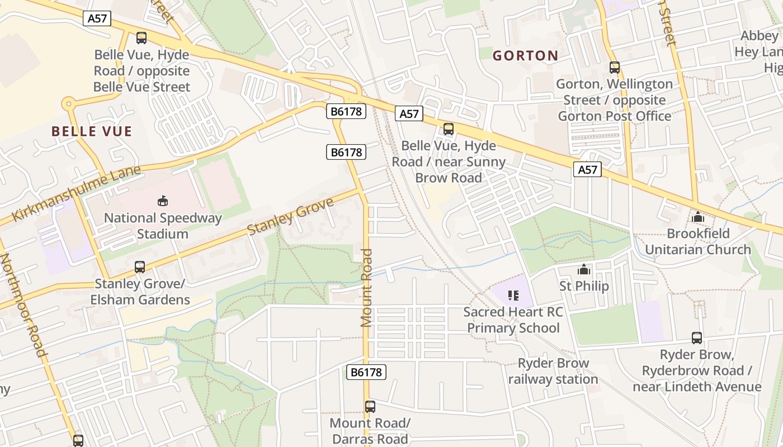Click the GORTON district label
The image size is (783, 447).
click(x=525, y=55)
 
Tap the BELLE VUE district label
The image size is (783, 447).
click(x=92, y=131)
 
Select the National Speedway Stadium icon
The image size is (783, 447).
click(x=163, y=201)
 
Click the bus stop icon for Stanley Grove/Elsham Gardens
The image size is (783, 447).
click(x=140, y=267)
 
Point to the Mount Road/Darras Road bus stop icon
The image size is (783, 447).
click(x=370, y=406)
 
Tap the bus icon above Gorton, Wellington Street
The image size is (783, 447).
click(x=615, y=67)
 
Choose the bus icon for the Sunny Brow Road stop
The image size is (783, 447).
click(x=448, y=129)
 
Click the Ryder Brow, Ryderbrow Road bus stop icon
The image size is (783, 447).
click(x=697, y=337)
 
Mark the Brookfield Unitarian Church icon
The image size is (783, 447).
click(x=698, y=217)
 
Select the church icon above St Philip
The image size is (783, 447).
click(x=584, y=270)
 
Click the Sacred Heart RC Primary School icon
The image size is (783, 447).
click(x=513, y=295)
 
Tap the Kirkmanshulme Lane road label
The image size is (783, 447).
click(x=76, y=193)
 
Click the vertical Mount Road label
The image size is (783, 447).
click(x=366, y=288)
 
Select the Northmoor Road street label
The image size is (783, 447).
click(x=23, y=305)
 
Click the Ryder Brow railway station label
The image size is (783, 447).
click(x=553, y=371)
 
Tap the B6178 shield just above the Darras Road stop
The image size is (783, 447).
click(x=366, y=372)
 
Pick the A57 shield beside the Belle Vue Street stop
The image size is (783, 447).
click(x=97, y=18)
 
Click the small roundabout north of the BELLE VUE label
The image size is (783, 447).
click(x=69, y=103)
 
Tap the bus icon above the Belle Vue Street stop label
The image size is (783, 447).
click(x=141, y=38)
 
